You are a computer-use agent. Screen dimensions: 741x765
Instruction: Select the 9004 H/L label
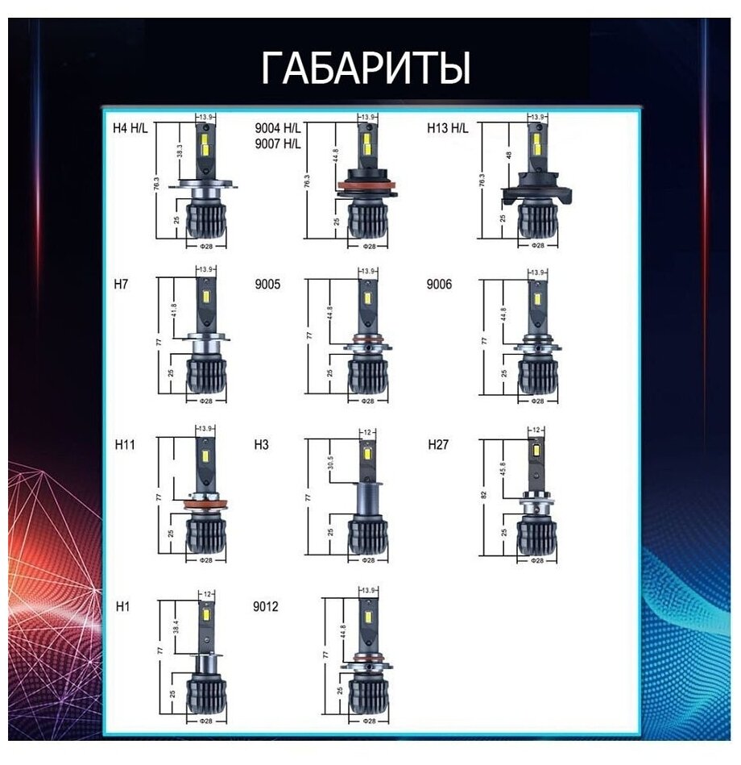(278, 128)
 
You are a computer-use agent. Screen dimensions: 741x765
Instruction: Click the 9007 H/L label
(278, 143)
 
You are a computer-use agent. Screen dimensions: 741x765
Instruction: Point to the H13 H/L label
(447, 127)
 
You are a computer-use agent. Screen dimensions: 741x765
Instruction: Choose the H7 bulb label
(122, 285)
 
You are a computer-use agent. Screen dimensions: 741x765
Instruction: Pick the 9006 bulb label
(440, 285)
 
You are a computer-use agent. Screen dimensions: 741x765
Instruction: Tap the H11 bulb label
(125, 444)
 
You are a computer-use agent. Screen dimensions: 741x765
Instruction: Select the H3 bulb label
(262, 444)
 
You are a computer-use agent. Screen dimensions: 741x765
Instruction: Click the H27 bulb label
(439, 444)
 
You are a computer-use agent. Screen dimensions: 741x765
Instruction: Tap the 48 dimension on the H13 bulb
(509, 155)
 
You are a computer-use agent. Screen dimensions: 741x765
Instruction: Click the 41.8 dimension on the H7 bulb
(175, 310)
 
